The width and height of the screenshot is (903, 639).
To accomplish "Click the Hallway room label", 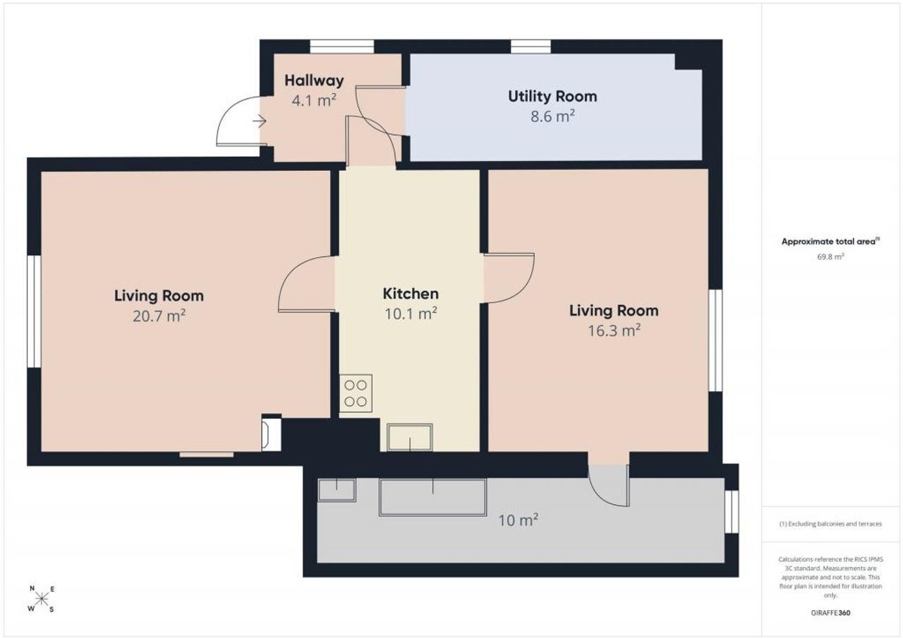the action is [314, 80].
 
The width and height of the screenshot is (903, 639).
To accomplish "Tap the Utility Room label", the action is [552, 97].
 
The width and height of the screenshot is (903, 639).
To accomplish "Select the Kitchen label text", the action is [411, 294].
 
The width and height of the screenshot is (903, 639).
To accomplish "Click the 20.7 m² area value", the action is [159, 316].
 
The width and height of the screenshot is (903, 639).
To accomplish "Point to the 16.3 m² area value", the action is [614, 330].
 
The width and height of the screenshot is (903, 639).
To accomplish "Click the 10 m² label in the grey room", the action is [518, 520].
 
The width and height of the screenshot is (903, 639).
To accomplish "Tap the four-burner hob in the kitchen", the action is [356, 393].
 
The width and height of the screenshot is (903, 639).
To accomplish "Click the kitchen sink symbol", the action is [410, 437].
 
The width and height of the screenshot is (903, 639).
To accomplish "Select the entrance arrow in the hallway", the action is [259, 121].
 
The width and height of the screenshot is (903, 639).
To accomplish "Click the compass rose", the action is [42, 598].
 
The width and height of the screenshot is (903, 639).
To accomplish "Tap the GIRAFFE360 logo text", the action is [830, 613].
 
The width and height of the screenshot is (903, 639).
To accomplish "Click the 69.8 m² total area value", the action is [830, 256].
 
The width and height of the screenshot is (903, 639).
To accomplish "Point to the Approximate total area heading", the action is [830, 241].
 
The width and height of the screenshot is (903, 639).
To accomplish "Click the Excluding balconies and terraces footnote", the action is [830, 524].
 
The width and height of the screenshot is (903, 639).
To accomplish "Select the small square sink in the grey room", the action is [337, 490].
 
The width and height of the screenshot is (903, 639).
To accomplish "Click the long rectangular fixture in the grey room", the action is [432, 497].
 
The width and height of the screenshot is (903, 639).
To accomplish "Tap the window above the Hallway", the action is [342, 47].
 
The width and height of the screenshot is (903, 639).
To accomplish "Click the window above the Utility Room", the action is [531, 47].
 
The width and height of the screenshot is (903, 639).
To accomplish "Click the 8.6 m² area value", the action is [552, 117].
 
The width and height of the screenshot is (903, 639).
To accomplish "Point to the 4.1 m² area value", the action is [314, 100].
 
